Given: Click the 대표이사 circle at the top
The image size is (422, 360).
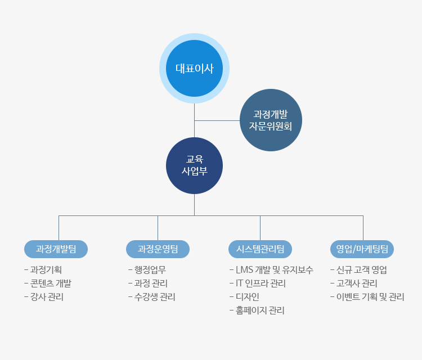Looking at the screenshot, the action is click(194, 68).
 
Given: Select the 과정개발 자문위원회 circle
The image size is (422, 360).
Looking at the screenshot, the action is click(271, 120).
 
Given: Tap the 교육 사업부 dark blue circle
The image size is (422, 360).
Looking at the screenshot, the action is click(194, 165).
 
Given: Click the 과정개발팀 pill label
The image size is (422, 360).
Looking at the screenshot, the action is click(56, 249).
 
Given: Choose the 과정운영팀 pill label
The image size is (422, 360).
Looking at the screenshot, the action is click(158, 249).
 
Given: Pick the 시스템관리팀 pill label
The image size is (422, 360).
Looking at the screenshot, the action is click(260, 249).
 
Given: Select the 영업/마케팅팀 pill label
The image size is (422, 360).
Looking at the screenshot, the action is click(362, 249).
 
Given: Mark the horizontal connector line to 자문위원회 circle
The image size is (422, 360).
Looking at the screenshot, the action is click(217, 120).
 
